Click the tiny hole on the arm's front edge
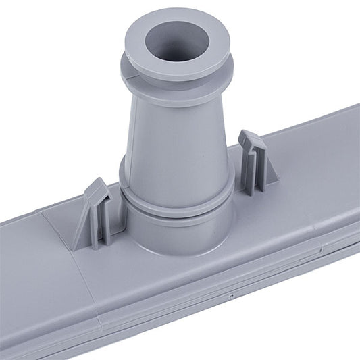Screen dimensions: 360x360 231,297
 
